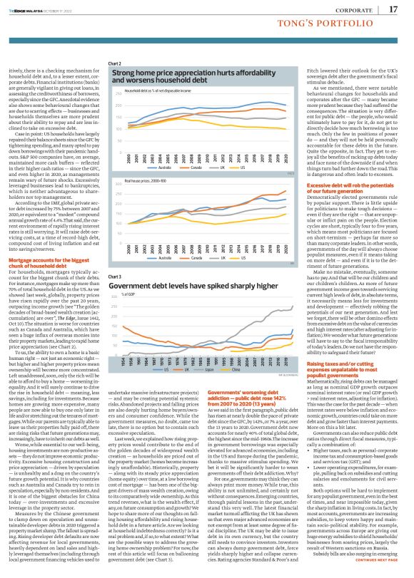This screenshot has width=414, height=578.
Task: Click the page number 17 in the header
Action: [x=393, y=9]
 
